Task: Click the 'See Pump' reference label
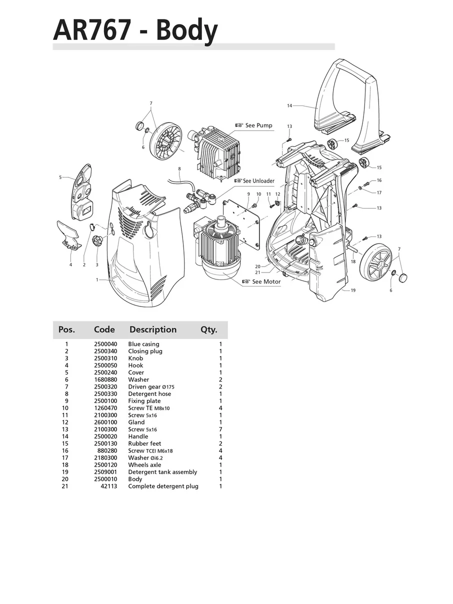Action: click(x=258, y=125)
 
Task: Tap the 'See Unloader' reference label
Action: click(x=258, y=181)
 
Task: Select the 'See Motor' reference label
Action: click(x=265, y=282)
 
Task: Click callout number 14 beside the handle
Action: click(x=289, y=106)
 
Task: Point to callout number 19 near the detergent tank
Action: click(x=353, y=290)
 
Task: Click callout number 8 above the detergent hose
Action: click(x=179, y=169)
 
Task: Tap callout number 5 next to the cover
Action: click(x=60, y=177)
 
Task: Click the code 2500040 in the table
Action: click(x=105, y=344)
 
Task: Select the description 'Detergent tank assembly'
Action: click(x=162, y=472)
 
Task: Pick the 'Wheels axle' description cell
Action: click(x=144, y=465)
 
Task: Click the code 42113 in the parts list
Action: click(x=108, y=486)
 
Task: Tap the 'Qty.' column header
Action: click(x=209, y=330)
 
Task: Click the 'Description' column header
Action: click(x=153, y=330)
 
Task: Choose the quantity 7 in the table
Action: click(x=220, y=429)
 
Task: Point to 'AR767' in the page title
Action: click(x=92, y=30)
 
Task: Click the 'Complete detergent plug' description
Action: click(x=163, y=486)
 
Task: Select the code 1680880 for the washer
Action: click(x=105, y=379)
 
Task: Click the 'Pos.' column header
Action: click(x=66, y=330)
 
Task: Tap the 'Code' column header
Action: click(x=104, y=330)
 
